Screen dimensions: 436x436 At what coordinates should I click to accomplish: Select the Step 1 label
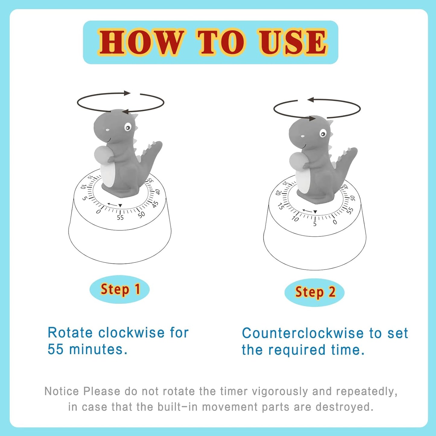click(x=120, y=289)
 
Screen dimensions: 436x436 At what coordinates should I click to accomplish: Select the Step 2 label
click(x=315, y=292)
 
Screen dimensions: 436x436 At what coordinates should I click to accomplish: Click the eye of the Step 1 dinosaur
click(x=128, y=128)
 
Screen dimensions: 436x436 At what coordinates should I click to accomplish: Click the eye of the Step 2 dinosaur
click(x=323, y=133)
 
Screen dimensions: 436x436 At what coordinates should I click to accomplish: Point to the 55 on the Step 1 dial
click(x=120, y=218)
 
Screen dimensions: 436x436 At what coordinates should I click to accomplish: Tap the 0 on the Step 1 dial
click(x=98, y=212)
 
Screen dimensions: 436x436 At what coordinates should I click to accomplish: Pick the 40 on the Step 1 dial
click(x=158, y=192)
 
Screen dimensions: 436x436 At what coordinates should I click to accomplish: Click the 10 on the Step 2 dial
click(x=295, y=219)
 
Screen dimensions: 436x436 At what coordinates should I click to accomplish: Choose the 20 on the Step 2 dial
click(x=278, y=193)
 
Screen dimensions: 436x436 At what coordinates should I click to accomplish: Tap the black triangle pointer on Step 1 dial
click(x=120, y=205)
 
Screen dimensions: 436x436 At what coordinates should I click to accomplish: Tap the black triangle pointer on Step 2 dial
click(x=315, y=212)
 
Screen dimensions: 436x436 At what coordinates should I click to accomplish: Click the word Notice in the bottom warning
click(x=62, y=391)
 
